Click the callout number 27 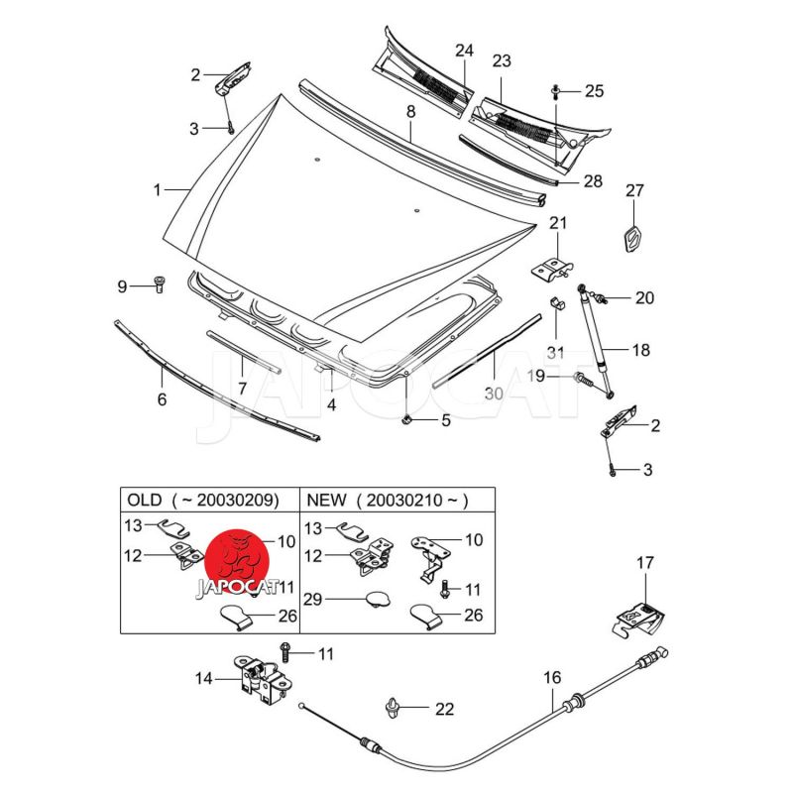click(x=634, y=191)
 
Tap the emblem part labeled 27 click(x=632, y=241)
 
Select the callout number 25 click(x=594, y=91)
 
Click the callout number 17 click(x=645, y=563)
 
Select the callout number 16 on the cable click(x=552, y=678)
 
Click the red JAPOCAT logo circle click(x=238, y=559)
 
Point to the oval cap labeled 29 click(x=376, y=599)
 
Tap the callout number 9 click(x=123, y=286)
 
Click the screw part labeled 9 click(x=159, y=285)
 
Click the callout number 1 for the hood click(x=156, y=188)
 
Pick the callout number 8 click(x=410, y=112)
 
